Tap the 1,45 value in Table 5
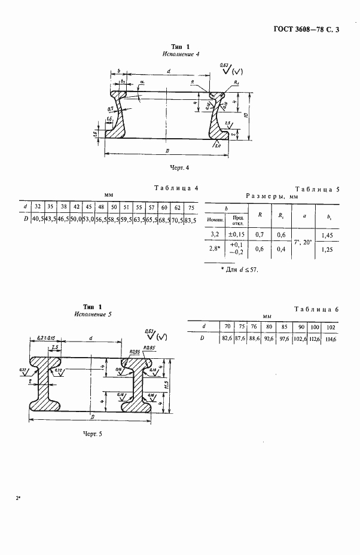pyautogui.click(x=327, y=236)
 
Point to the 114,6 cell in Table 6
pyautogui.click(x=330, y=339)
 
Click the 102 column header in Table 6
pyautogui.click(x=330, y=326)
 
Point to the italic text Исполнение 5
pyautogui.click(x=92, y=314)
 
